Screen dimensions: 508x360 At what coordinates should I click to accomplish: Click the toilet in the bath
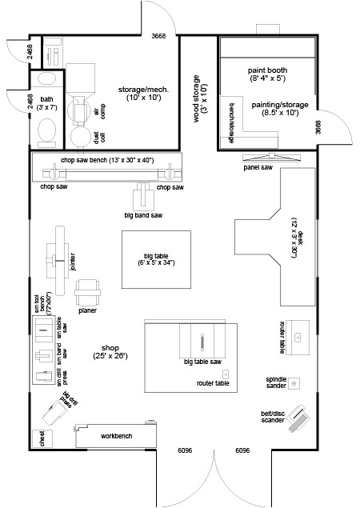pos(47,130)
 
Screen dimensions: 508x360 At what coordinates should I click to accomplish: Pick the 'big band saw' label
pos(143,216)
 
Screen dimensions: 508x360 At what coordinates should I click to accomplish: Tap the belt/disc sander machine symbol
pos(297,417)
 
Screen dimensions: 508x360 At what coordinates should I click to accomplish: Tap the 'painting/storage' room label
pos(274,109)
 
